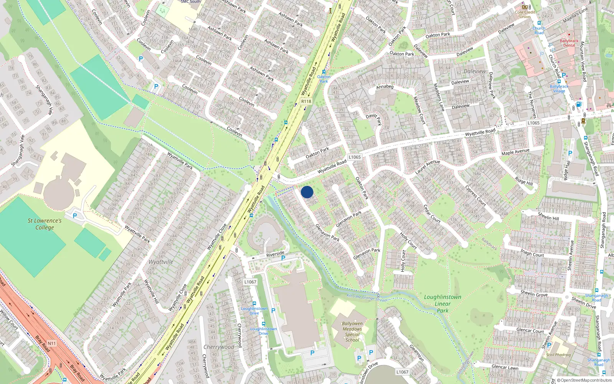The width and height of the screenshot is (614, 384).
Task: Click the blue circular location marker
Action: pyautogui.click(x=307, y=192)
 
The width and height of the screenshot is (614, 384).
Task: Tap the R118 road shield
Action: pyautogui.click(x=306, y=101)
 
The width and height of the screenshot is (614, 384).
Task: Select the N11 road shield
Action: pyautogui.click(x=51, y=343)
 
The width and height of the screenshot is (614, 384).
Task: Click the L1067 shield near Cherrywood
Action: pyautogui.click(x=250, y=282)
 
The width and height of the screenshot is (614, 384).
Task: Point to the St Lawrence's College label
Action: pyautogui.click(x=45, y=224)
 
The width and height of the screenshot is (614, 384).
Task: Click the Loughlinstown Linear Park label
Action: pyautogui.click(x=442, y=304)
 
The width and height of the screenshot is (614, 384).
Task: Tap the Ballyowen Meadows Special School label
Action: pyautogui.click(x=352, y=332)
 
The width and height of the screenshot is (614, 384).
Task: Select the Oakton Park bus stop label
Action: pyautogui.click(x=324, y=79)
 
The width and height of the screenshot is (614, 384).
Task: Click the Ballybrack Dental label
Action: pyautogui.click(x=569, y=43)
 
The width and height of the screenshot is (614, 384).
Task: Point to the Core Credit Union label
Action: pyautogui.click(x=525, y=14)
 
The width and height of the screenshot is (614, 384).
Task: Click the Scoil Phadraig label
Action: pyautogui.click(x=559, y=355)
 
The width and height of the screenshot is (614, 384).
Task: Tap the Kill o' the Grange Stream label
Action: pyautogui.click(x=366, y=298)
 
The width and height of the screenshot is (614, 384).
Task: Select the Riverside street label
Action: pyautogui.click(x=275, y=254)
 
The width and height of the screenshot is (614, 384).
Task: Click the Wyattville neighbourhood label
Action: pyautogui.click(x=161, y=262)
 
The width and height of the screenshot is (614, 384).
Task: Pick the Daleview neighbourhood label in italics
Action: pyautogui.click(x=475, y=71)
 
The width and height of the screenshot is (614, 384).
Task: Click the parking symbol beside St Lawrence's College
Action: pyautogui.click(x=75, y=216)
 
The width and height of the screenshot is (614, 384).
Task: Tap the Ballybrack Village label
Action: pyautogui.click(x=559, y=89)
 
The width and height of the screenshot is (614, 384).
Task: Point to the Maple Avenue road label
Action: pyautogui.click(x=515, y=152)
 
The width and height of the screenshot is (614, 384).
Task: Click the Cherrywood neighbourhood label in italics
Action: pyautogui.click(x=219, y=347)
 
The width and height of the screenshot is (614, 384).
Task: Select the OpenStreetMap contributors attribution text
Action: pyautogui.click(x=584, y=381)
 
